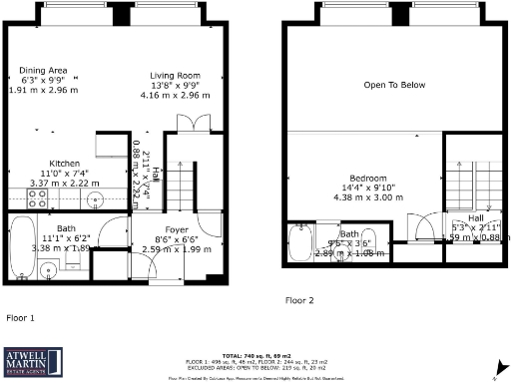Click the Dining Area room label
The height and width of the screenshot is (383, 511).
click(43, 70)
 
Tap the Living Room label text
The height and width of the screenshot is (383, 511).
click(176, 76)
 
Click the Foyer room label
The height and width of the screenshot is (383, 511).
click(177, 229)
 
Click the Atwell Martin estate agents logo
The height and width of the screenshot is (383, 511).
click(31, 360)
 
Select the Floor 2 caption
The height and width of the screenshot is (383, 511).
click(299, 299)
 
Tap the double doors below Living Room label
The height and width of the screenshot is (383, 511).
click(189, 124)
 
